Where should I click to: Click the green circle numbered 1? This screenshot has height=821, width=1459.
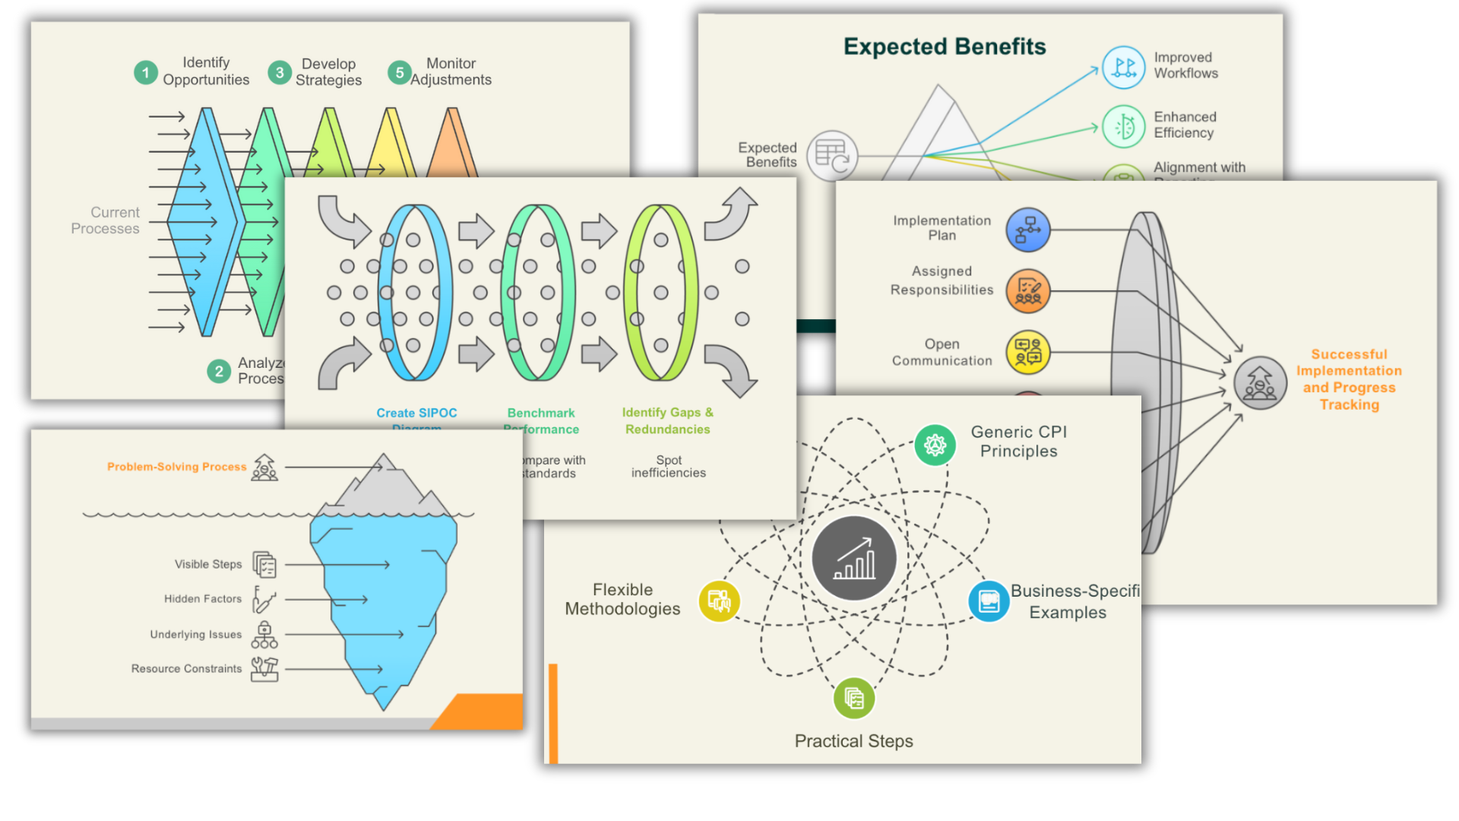click(145, 73)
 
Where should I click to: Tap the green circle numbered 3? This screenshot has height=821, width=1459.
click(280, 73)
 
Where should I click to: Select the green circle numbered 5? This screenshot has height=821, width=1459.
click(400, 73)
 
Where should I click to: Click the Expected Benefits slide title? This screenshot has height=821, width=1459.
click(945, 46)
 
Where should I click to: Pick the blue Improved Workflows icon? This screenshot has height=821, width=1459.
click(1123, 67)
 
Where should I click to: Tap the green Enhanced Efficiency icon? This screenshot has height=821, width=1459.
click(1123, 126)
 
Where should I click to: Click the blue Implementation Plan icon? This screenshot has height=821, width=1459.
click(1028, 230)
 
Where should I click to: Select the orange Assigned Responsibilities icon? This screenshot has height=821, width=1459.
click(1028, 290)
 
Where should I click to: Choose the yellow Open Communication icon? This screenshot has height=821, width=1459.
click(1028, 352)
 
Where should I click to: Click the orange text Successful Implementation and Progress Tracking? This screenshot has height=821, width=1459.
click(1349, 379)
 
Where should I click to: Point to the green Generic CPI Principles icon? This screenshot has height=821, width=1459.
click(935, 445)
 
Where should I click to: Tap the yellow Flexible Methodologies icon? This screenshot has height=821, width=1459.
click(719, 601)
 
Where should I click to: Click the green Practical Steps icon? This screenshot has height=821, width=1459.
click(854, 698)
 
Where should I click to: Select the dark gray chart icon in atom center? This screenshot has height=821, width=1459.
click(854, 559)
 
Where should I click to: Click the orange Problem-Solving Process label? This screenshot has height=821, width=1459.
click(176, 467)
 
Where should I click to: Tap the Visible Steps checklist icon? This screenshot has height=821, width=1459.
click(264, 565)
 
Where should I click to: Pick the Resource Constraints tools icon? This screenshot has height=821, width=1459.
click(264, 668)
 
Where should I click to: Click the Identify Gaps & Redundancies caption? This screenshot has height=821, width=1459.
click(667, 420)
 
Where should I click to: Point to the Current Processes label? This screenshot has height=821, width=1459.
click(106, 220)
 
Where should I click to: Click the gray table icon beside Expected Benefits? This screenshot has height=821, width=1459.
click(832, 156)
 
